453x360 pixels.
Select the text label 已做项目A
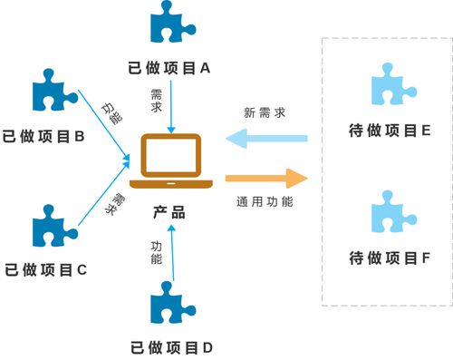(170, 67)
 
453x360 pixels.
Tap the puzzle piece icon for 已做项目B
(53, 92)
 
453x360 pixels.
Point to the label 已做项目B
(44, 136)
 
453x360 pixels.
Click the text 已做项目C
(45, 269)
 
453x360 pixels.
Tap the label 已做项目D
(171, 346)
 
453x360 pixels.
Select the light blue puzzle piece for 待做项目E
(393, 85)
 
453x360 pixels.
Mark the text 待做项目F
(389, 258)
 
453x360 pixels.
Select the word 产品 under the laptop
(169, 212)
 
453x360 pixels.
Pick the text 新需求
(265, 113)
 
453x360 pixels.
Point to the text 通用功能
(265, 201)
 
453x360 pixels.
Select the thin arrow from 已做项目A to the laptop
(170, 109)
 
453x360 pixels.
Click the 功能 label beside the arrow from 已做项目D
(156, 253)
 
